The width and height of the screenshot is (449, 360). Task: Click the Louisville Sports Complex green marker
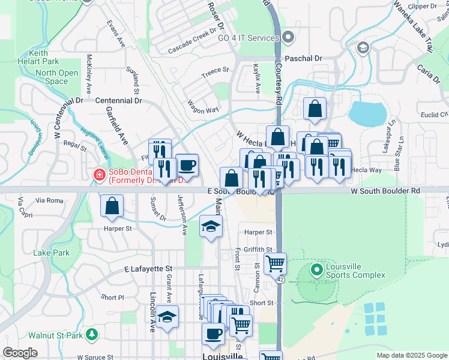[x=317, y=270]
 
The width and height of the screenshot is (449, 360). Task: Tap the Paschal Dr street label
[x=304, y=59]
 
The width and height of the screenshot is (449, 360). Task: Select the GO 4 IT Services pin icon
[x=289, y=38]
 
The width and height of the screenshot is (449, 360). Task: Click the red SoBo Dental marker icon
[x=99, y=175]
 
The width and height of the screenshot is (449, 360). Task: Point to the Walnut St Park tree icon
[x=92, y=334]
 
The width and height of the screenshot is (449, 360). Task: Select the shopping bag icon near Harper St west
[x=112, y=206]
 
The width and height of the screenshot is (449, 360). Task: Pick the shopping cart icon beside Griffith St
[x=275, y=263]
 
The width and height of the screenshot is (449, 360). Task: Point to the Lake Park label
[x=52, y=253]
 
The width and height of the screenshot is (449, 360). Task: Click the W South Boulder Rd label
[x=386, y=191]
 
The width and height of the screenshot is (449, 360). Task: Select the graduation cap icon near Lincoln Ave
[x=168, y=317]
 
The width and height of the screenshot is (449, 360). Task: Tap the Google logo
[x=20, y=353]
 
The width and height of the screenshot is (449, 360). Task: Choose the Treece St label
[x=215, y=70]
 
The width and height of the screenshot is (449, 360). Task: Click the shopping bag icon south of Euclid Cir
[x=315, y=109]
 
